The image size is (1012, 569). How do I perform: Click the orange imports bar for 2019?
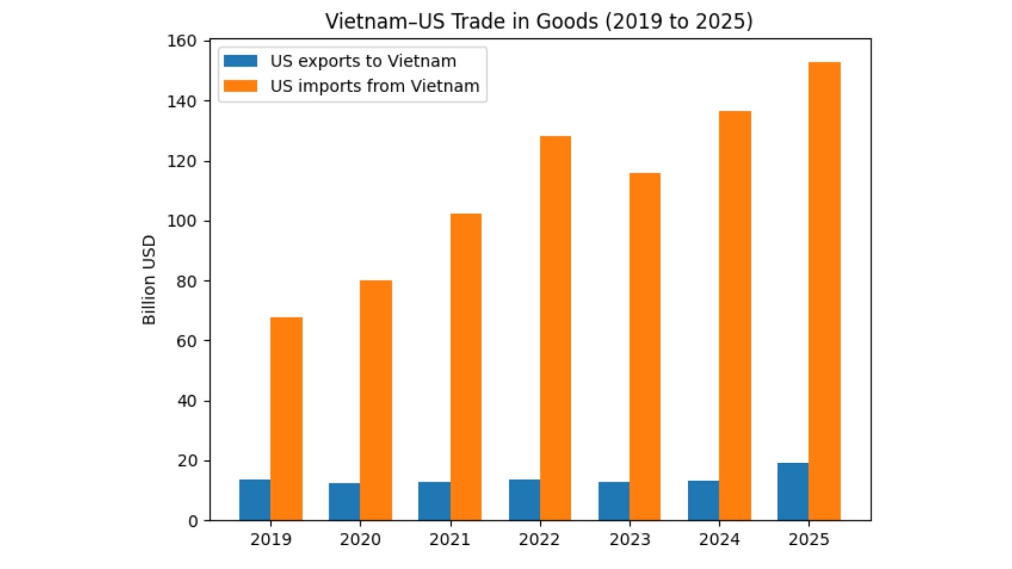point(286,419)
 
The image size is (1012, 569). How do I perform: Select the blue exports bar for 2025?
point(793,492)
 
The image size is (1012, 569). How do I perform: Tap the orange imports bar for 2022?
point(556,328)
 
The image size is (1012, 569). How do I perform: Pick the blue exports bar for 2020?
point(344,502)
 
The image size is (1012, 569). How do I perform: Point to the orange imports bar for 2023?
point(645,347)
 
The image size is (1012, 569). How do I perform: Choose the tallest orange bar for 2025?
point(824,291)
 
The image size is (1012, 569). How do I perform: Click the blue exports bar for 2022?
point(524,500)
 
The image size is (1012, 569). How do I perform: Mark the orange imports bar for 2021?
point(466,367)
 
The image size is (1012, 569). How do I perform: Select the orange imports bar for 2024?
point(735,316)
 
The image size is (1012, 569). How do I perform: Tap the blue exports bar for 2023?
point(614,501)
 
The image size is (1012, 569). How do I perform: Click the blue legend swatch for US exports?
point(240,61)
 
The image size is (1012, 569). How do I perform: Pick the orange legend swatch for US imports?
point(240,86)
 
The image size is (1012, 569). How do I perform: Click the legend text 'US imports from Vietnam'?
point(375,86)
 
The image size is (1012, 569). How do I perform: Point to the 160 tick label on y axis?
point(181,41)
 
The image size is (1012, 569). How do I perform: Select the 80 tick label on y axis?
point(187,281)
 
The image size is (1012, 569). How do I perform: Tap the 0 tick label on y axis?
point(193,521)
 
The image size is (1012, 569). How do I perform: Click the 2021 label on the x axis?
point(450,539)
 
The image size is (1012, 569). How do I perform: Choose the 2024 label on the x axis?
point(719,539)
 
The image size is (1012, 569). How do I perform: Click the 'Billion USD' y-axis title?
point(149,280)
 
